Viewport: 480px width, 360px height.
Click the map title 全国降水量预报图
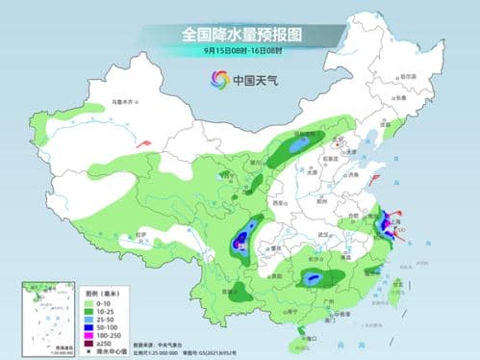(240, 34)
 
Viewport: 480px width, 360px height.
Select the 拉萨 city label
(141, 234)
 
